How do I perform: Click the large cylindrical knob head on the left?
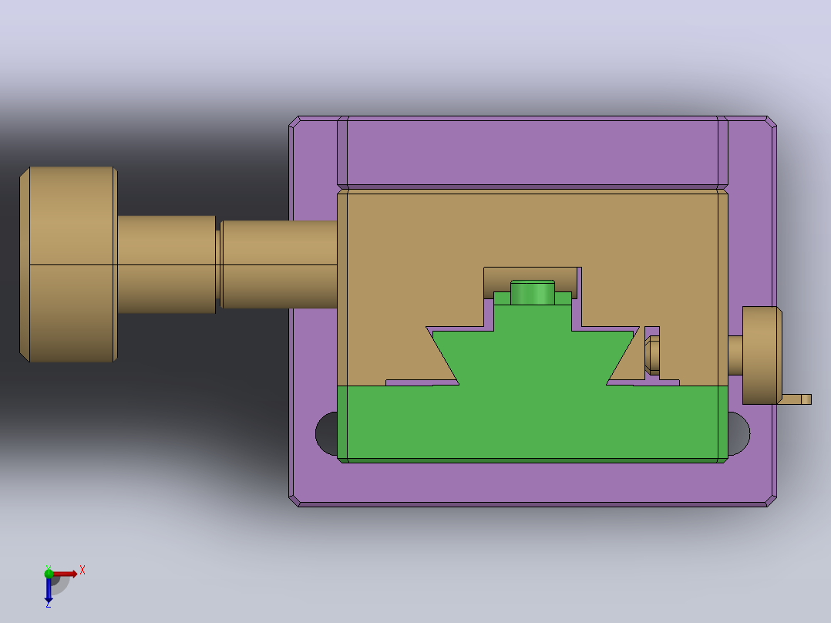click(x=69, y=264)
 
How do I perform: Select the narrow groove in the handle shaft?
click(x=218, y=264)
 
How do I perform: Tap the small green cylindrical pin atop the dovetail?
click(x=533, y=293)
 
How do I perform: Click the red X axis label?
click(x=82, y=571)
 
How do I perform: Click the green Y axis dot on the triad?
click(x=49, y=573)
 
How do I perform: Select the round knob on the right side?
click(x=762, y=355)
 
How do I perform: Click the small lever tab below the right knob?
click(x=795, y=399)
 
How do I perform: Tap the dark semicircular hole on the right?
click(x=738, y=434)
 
